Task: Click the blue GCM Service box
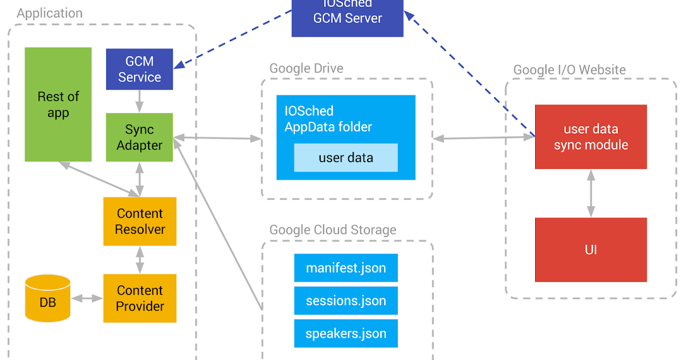(x=139, y=69)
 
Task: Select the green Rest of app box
(x=58, y=105)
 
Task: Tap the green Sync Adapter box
(x=139, y=137)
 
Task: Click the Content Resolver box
(x=140, y=221)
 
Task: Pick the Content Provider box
(x=140, y=298)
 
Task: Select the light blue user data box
(x=346, y=158)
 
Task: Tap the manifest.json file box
(x=346, y=268)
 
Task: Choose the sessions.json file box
(x=346, y=301)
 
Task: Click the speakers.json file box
(x=346, y=334)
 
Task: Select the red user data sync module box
(x=591, y=137)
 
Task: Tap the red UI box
(x=591, y=250)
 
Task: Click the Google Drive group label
(x=306, y=69)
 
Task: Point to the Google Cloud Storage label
(x=333, y=230)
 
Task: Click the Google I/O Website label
(x=569, y=70)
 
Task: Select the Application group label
(x=50, y=13)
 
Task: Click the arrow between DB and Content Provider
(x=87, y=298)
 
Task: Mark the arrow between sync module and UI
(x=591, y=193)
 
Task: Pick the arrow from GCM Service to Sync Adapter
(x=139, y=101)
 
